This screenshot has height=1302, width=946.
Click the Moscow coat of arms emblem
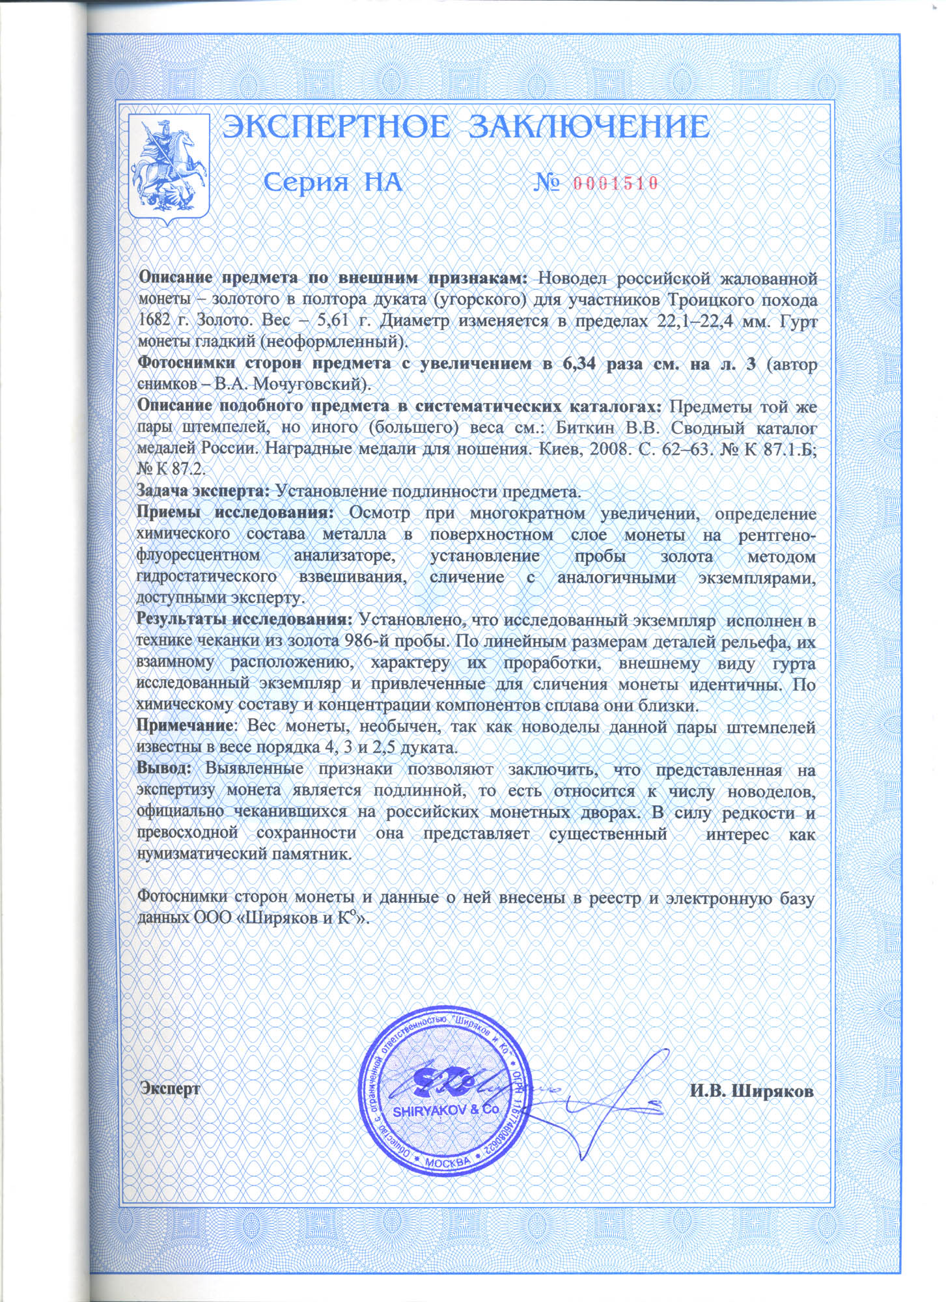pos(168,169)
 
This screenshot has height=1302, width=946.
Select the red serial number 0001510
pos(615,184)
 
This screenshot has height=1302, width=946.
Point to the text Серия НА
pos(333,183)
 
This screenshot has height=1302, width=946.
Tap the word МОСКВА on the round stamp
pos(447,1162)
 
